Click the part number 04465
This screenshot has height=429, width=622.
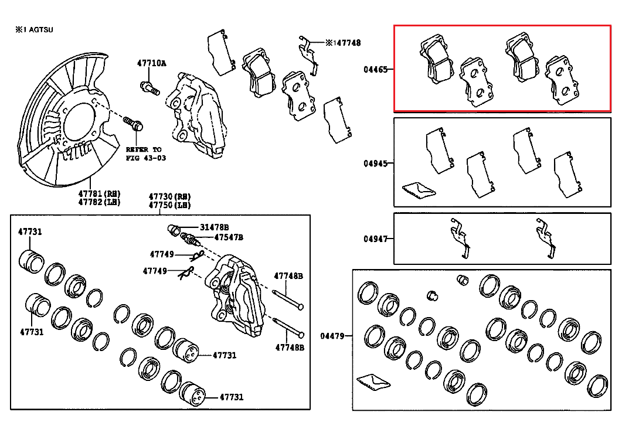point(375,69)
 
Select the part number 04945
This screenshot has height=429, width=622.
point(375,164)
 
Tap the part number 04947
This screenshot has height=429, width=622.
point(375,239)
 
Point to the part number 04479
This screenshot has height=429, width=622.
point(332,336)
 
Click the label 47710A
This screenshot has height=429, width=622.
point(152,63)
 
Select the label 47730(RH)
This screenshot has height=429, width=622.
point(169,197)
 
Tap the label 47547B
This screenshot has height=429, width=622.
point(228,237)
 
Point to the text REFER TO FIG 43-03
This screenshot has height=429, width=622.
point(143,154)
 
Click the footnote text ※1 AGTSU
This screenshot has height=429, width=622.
point(35,29)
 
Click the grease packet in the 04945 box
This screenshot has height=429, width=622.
point(417,189)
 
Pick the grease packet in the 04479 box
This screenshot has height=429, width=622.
point(372,381)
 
